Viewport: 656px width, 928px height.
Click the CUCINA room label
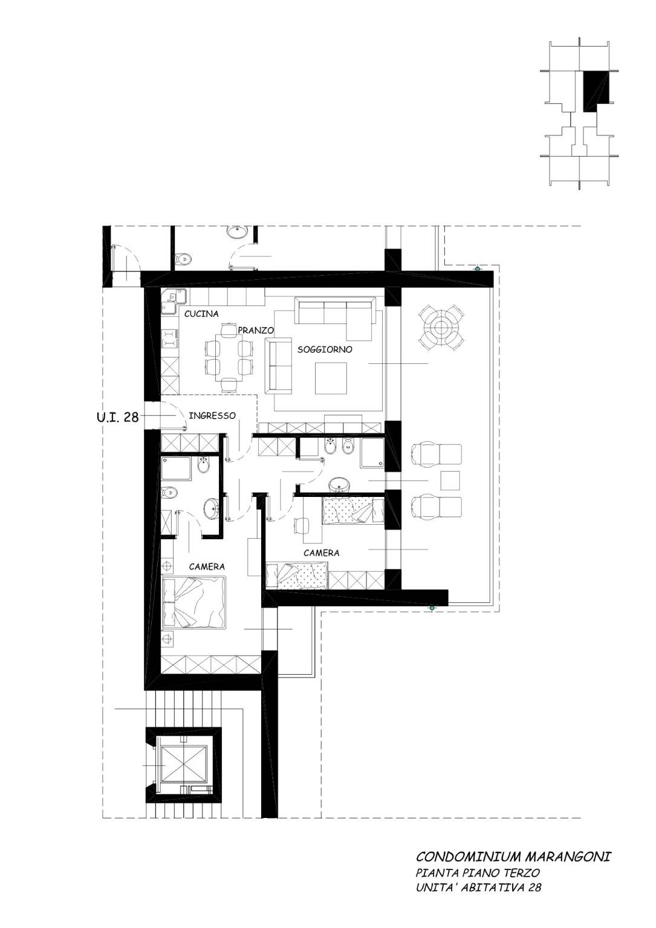pos(201,314)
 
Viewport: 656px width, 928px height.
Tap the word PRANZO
pos(256,330)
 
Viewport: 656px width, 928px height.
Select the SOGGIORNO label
pos(325,349)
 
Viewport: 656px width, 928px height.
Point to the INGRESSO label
pos(212,415)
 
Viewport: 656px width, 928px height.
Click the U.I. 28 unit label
pos(118,417)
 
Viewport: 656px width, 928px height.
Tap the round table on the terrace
pos(441,327)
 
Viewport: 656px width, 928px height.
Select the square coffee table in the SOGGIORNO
pos(331,378)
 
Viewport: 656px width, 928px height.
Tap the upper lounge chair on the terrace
pos(437,455)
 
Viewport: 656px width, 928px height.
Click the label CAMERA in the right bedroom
pos(321,553)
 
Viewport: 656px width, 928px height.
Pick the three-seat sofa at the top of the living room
pos(335,310)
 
